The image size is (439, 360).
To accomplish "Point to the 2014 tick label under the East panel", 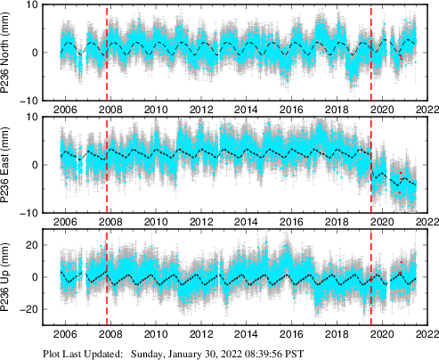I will pyautogui.click(x=247, y=222).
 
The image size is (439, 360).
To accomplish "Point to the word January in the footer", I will pyautogui.click(x=195, y=353).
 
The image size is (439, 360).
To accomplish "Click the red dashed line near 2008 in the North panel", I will pyautogui.click(x=107, y=53).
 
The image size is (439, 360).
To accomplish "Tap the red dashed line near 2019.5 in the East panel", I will pyautogui.click(x=371, y=165).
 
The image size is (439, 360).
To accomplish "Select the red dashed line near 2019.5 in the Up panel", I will pyautogui.click(x=371, y=277).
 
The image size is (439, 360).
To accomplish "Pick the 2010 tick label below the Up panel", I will pyautogui.click(x=156, y=334).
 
